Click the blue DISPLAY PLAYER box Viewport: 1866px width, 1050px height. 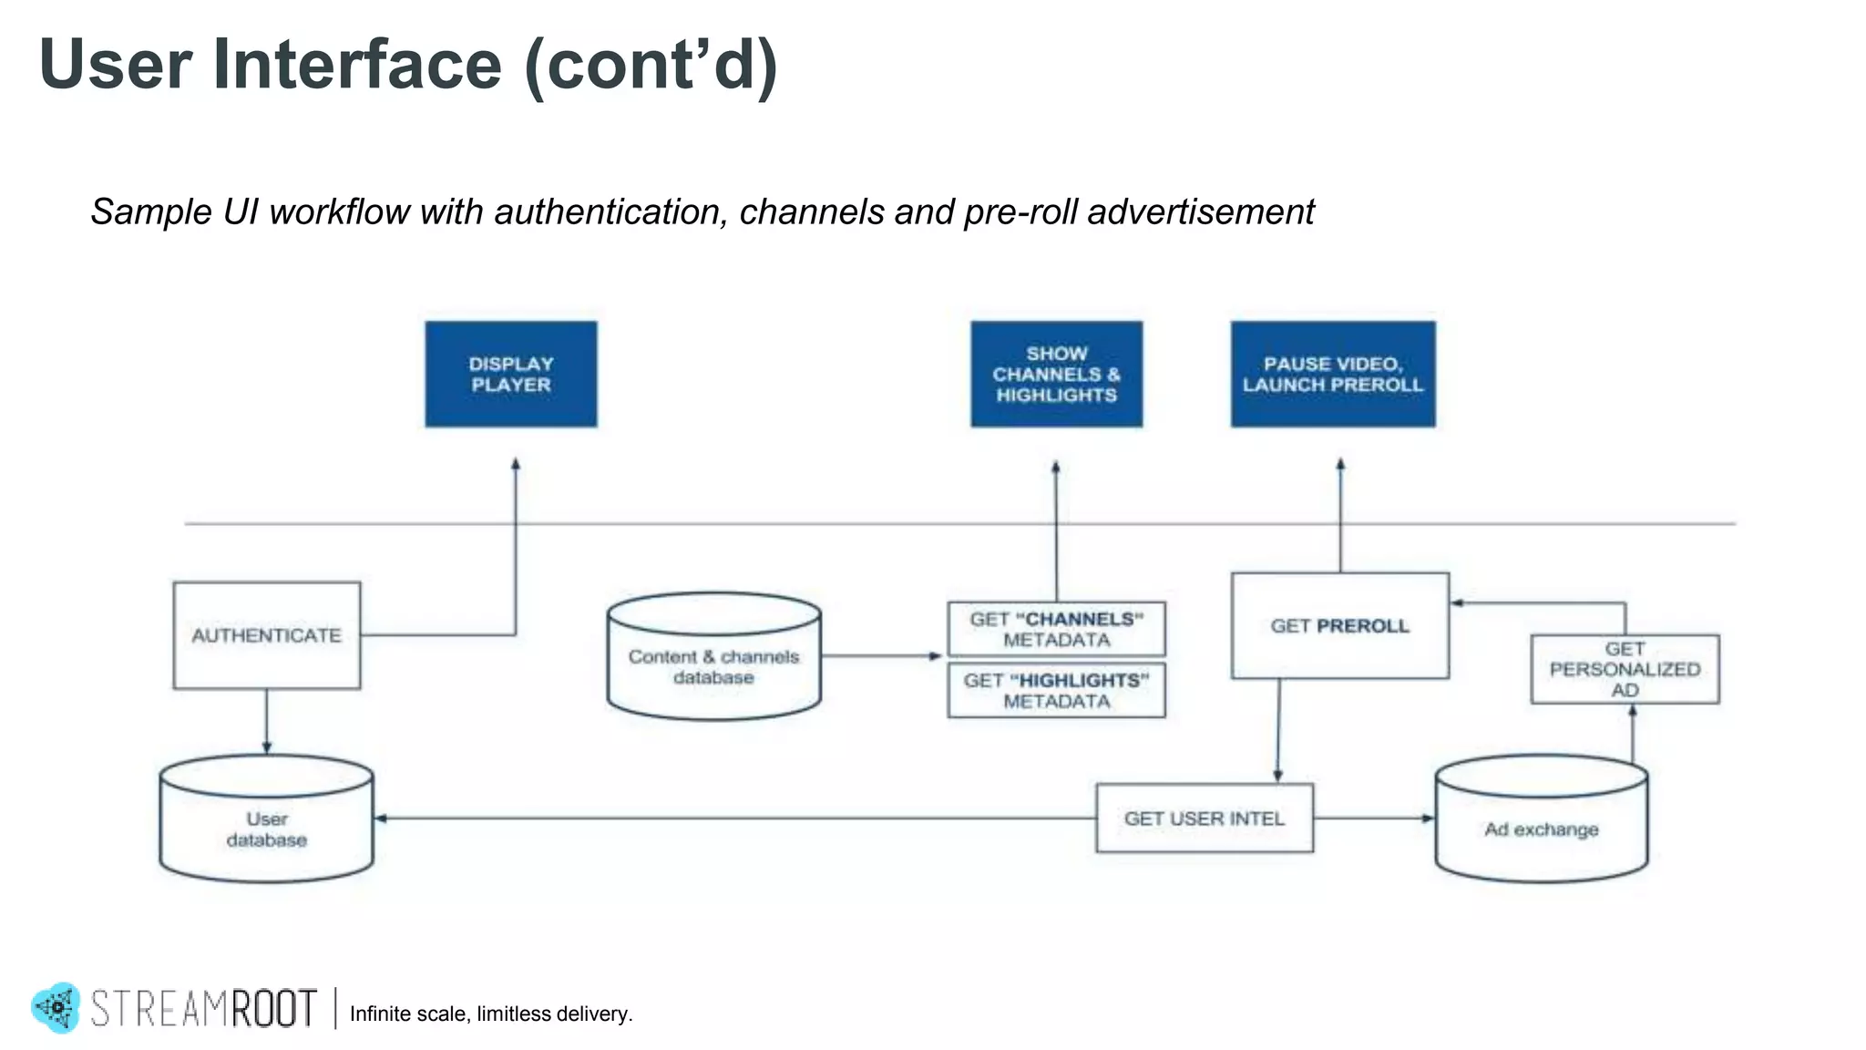[511, 374]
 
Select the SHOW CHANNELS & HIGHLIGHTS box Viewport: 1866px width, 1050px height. [1056, 374]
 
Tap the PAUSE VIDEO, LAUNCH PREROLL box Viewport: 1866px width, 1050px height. [1333, 374]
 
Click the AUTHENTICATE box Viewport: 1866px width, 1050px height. [267, 635]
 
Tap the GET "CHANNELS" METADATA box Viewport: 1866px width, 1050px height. [1056, 629]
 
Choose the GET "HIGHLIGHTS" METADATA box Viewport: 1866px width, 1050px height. [1056, 691]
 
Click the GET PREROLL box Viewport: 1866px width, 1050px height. [1339, 626]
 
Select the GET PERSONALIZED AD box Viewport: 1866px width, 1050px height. [1625, 669]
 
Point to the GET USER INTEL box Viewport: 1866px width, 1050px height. [1204, 818]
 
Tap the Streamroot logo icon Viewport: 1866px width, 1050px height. [57, 1007]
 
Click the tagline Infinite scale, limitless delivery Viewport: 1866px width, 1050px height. [490, 1014]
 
